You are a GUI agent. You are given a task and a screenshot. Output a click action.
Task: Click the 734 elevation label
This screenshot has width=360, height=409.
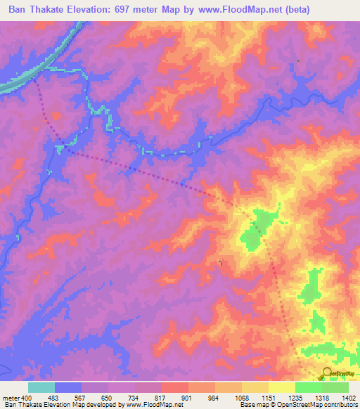[x=134, y=398]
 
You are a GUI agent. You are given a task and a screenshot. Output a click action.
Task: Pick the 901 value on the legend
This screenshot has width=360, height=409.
[x=188, y=398]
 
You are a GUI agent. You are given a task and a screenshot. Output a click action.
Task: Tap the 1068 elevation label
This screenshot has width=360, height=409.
[x=241, y=398]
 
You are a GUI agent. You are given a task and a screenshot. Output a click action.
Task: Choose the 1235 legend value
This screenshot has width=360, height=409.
[x=295, y=398]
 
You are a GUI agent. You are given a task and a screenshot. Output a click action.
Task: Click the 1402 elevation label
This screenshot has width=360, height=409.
[x=347, y=398]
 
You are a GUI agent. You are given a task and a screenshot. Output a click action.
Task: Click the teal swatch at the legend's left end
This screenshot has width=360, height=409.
[x=41, y=387]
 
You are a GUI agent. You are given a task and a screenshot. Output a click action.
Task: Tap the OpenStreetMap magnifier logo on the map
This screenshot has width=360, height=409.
[x=327, y=373]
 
